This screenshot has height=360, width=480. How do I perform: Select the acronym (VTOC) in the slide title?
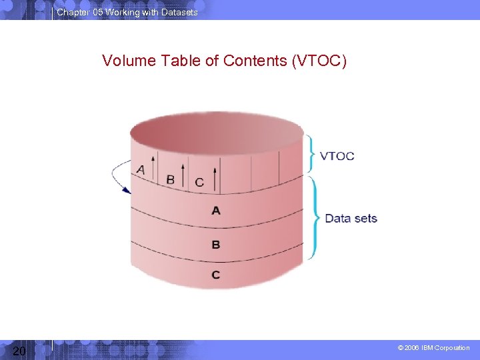coord(319,61)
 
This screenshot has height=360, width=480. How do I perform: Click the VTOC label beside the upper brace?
coord(337,156)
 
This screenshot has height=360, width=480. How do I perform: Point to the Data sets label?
coord(351,218)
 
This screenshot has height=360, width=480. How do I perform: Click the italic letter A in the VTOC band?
coord(140,170)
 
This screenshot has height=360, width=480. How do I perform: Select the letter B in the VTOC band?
coord(170,179)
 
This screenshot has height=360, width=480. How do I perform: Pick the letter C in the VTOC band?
coord(199,182)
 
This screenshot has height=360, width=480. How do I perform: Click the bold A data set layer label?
coord(215,211)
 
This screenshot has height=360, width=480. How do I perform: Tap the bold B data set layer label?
coord(215,245)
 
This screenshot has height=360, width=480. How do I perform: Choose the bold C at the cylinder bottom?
coord(215,275)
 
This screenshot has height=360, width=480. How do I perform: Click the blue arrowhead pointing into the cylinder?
coord(126,190)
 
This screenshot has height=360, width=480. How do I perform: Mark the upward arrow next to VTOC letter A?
coord(152,167)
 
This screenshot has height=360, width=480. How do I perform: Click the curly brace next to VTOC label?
coord(311,154)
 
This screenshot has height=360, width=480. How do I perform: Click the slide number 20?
coord(19,351)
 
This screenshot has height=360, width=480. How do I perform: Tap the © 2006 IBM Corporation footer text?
coord(433,348)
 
